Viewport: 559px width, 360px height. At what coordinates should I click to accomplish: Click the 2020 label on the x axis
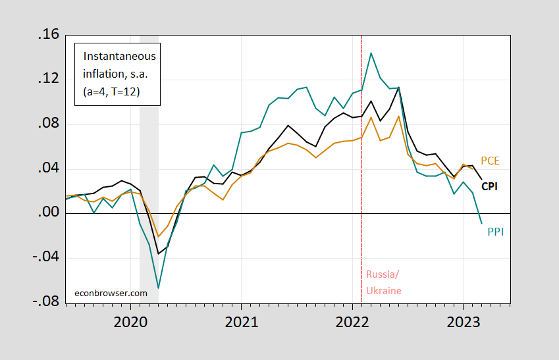pos(130,324)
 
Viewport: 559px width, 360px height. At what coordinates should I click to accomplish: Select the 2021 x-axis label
pos(241,324)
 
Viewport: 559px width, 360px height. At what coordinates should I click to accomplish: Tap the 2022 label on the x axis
pos(352,324)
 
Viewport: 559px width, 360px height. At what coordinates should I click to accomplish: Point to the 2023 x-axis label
pos(462,324)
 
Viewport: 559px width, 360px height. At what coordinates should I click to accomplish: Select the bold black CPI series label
pos(489,186)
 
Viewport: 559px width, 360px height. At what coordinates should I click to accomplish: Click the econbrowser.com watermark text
pos(111,293)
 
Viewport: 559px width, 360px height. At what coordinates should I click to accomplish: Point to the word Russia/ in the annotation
pos(382,274)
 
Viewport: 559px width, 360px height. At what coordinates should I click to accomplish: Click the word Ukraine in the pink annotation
pos(383,290)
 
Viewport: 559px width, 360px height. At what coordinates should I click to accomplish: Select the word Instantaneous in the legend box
pos(115,56)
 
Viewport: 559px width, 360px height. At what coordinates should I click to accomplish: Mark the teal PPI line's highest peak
pos(371,53)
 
